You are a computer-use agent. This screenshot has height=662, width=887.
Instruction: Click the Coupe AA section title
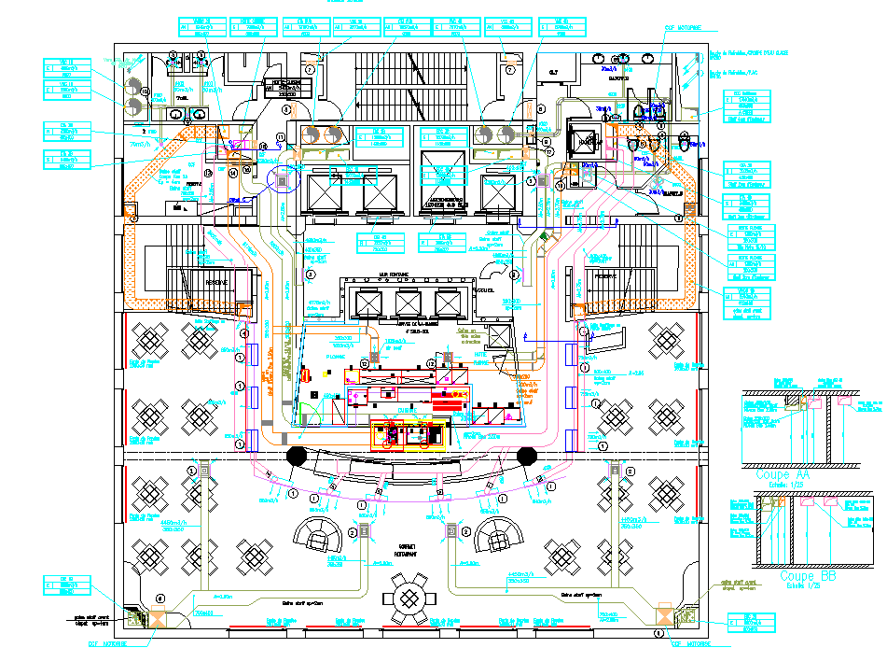[788, 474]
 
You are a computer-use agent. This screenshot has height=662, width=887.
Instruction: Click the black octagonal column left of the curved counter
[297, 458]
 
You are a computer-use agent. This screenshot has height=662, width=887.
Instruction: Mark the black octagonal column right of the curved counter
[526, 458]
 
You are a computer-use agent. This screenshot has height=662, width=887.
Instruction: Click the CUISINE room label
[408, 409]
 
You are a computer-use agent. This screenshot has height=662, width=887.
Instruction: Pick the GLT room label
[552, 71]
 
